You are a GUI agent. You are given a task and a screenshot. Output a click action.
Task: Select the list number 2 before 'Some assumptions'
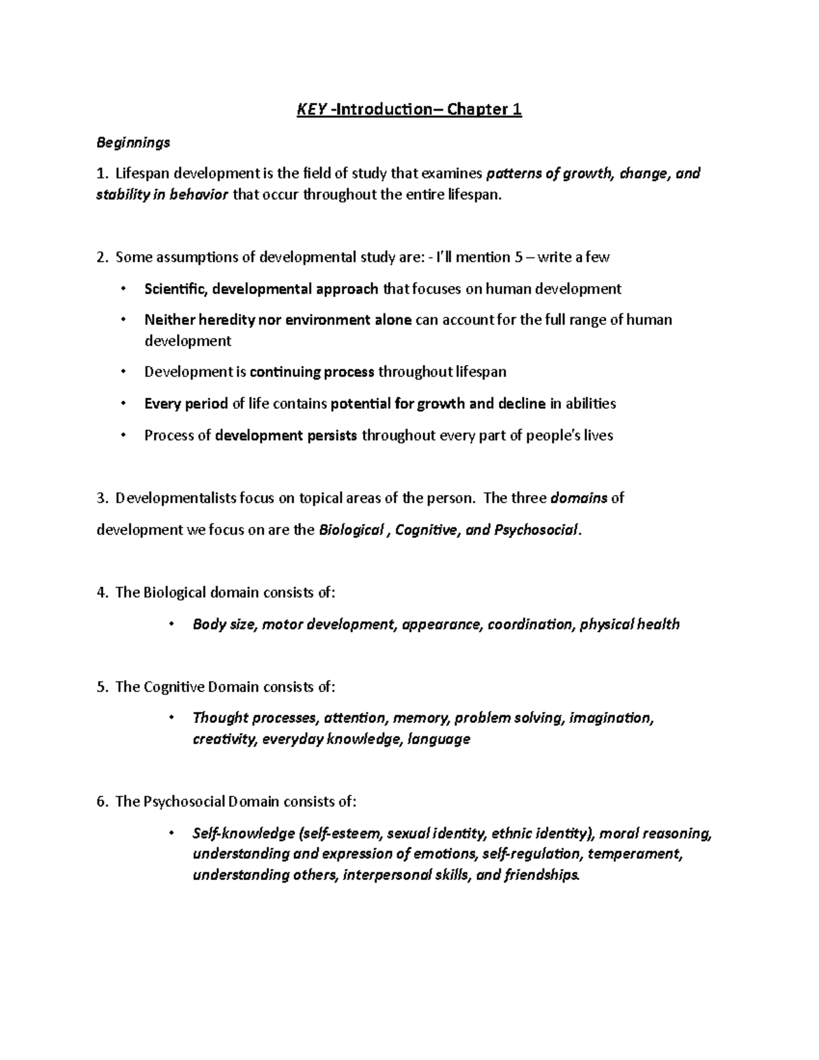click(101, 257)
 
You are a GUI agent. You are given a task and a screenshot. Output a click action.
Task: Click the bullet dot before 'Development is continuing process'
click(123, 372)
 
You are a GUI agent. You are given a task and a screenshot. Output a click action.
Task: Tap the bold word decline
click(521, 403)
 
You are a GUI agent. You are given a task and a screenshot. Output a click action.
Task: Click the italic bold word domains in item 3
click(578, 498)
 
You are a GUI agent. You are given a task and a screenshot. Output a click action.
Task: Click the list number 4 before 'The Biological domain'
click(101, 592)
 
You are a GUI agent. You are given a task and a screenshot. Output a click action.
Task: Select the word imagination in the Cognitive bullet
click(610, 718)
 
